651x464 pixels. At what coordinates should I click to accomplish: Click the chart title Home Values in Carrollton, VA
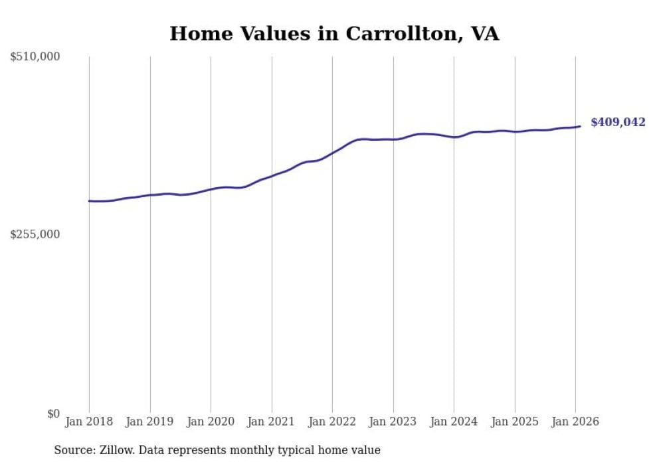pos(334,34)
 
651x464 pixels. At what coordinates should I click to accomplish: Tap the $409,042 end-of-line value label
pos(617,122)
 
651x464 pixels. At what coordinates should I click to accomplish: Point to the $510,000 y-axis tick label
pos(35,57)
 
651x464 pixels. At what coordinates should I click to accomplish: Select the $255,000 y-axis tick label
pos(35,234)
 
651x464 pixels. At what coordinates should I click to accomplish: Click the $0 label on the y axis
pos(53,414)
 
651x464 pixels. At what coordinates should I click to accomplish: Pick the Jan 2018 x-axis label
pos(89,422)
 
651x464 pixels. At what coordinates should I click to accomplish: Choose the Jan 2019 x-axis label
pos(150,422)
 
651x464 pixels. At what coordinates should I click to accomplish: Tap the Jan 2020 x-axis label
pos(211,422)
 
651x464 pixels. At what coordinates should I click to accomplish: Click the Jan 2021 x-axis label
pos(272,422)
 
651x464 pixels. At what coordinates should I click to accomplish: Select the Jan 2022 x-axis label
pos(332,422)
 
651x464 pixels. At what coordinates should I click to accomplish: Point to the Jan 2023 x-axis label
pos(393,422)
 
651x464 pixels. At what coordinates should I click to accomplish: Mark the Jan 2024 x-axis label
pos(454,422)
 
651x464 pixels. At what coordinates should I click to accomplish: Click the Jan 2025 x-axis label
pos(515,422)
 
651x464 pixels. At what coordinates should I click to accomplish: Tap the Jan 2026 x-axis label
pos(575,422)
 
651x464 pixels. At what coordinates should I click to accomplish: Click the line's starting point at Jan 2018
pos(89,200)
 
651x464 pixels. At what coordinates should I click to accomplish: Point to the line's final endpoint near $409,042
pos(580,126)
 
